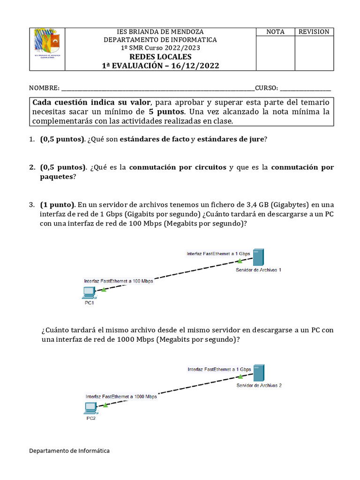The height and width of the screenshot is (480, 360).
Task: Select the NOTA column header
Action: pyautogui.click(x=275, y=32)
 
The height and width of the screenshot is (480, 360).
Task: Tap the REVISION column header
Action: pyautogui.click(x=314, y=32)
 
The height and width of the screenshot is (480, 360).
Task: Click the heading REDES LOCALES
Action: pyautogui.click(x=160, y=57)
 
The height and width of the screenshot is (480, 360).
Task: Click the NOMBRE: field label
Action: pyautogui.click(x=45, y=88)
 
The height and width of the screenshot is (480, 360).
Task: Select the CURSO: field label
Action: pyautogui.click(x=267, y=88)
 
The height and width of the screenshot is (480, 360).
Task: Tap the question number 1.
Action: pyautogui.click(x=31, y=139)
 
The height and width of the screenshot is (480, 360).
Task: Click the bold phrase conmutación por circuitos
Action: pyautogui.click(x=177, y=167)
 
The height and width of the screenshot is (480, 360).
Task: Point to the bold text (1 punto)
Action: pyautogui.click(x=58, y=205)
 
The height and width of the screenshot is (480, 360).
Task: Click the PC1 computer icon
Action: pyautogui.click(x=88, y=293)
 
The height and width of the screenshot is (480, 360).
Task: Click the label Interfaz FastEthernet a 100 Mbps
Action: pyautogui.click(x=118, y=281)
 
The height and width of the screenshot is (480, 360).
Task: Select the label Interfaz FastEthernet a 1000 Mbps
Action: pyautogui.click(x=121, y=397)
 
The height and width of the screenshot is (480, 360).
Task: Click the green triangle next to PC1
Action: pyautogui.click(x=104, y=290)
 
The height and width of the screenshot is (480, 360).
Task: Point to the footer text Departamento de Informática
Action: pyautogui.click(x=69, y=450)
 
